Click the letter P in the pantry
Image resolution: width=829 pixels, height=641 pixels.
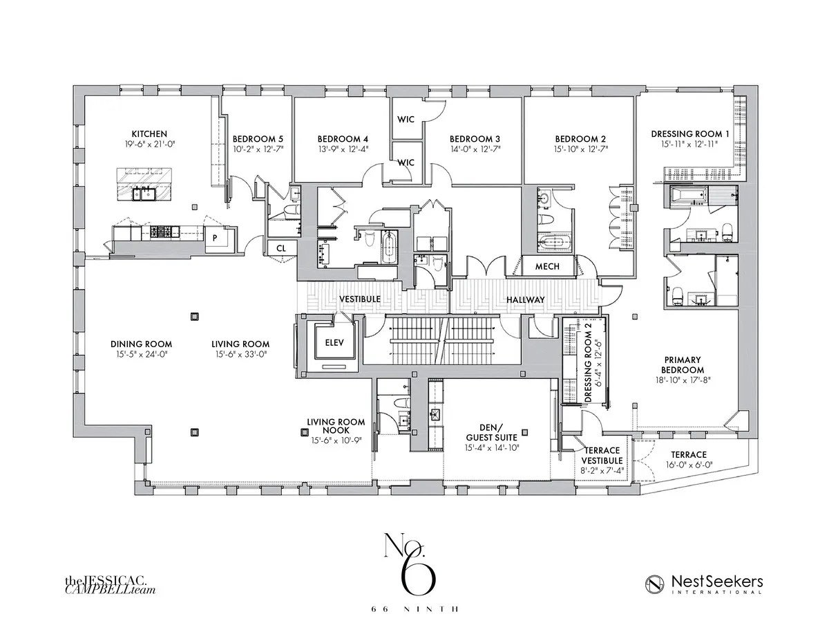[215, 237]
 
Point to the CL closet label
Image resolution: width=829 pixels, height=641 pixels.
[281, 248]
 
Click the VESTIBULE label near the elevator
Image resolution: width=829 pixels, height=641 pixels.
[360, 299]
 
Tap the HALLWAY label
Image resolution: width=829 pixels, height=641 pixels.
[526, 300]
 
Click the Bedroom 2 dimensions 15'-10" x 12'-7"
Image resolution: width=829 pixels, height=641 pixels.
[580, 149]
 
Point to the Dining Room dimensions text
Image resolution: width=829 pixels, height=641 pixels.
[141, 355]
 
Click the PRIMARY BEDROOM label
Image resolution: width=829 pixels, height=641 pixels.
[683, 364]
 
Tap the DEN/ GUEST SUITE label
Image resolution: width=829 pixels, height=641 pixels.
[488, 432]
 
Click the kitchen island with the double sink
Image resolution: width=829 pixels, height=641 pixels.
[146, 183]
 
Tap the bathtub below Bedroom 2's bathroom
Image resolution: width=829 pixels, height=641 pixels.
[555, 243]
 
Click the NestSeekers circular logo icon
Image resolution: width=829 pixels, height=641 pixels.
[656, 584]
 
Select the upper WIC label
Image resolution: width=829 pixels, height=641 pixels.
[406, 119]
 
